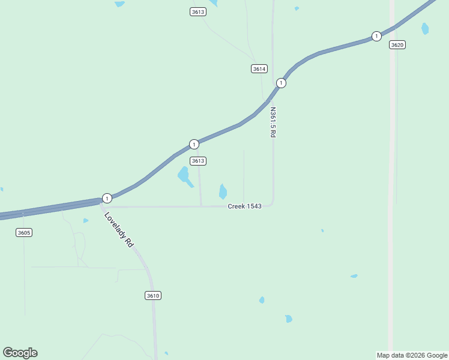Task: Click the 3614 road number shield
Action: coord(259,69)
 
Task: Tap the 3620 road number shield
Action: coord(397,45)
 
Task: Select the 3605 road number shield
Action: coord(24,232)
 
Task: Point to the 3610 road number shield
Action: coord(153,295)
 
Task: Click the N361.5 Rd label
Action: coord(273,122)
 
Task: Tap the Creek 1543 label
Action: coord(244,206)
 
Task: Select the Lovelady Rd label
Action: coord(118,230)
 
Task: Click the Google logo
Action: coord(20,353)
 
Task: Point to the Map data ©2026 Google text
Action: coord(412,355)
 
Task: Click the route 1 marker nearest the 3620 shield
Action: coord(376,36)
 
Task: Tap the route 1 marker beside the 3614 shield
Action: coord(280,83)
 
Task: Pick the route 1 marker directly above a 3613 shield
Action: coord(194,144)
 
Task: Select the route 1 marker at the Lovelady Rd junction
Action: coord(106,198)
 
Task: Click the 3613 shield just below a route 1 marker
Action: coord(198,161)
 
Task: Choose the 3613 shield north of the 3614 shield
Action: coord(198,11)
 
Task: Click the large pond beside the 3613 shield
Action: coord(184,175)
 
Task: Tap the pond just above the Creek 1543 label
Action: coord(223,191)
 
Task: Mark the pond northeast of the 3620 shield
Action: coord(425,28)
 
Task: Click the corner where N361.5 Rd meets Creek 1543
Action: coord(272,203)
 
